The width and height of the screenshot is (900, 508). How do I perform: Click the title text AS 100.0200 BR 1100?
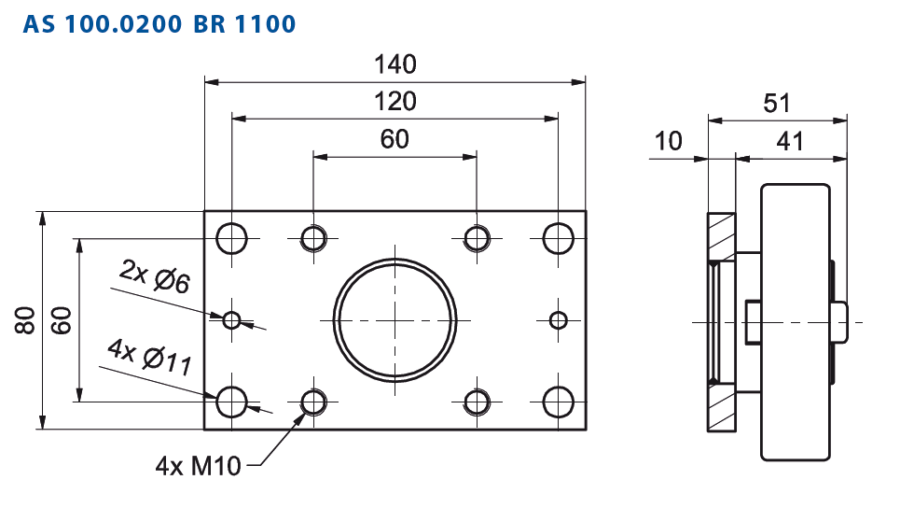point(159,24)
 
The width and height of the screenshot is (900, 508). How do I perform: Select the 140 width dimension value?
point(395,64)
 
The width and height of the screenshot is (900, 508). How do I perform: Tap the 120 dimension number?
point(395,102)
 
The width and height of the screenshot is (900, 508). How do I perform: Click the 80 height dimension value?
point(25,320)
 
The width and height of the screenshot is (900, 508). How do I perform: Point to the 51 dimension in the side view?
point(777,104)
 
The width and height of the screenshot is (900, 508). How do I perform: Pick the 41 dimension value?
point(790,141)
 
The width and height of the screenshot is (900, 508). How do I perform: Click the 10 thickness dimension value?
point(668,141)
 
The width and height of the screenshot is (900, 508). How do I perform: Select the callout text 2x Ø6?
point(155,276)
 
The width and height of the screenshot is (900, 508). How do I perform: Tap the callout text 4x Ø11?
point(150,357)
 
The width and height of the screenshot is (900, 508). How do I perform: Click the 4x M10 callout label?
point(198,465)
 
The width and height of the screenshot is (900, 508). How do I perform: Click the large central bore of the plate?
point(395,320)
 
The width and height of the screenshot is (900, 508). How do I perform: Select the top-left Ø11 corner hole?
point(232,238)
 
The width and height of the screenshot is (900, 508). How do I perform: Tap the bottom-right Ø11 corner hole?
point(558,402)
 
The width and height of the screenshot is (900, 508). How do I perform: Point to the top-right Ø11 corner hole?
point(558,238)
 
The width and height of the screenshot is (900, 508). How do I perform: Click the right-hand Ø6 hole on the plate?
point(558,320)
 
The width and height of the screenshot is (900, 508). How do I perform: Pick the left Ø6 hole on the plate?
point(232,320)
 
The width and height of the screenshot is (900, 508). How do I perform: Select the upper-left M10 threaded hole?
point(313,238)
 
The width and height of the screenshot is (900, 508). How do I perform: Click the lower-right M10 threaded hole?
point(477,402)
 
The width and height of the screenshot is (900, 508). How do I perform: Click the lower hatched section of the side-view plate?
point(722,407)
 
